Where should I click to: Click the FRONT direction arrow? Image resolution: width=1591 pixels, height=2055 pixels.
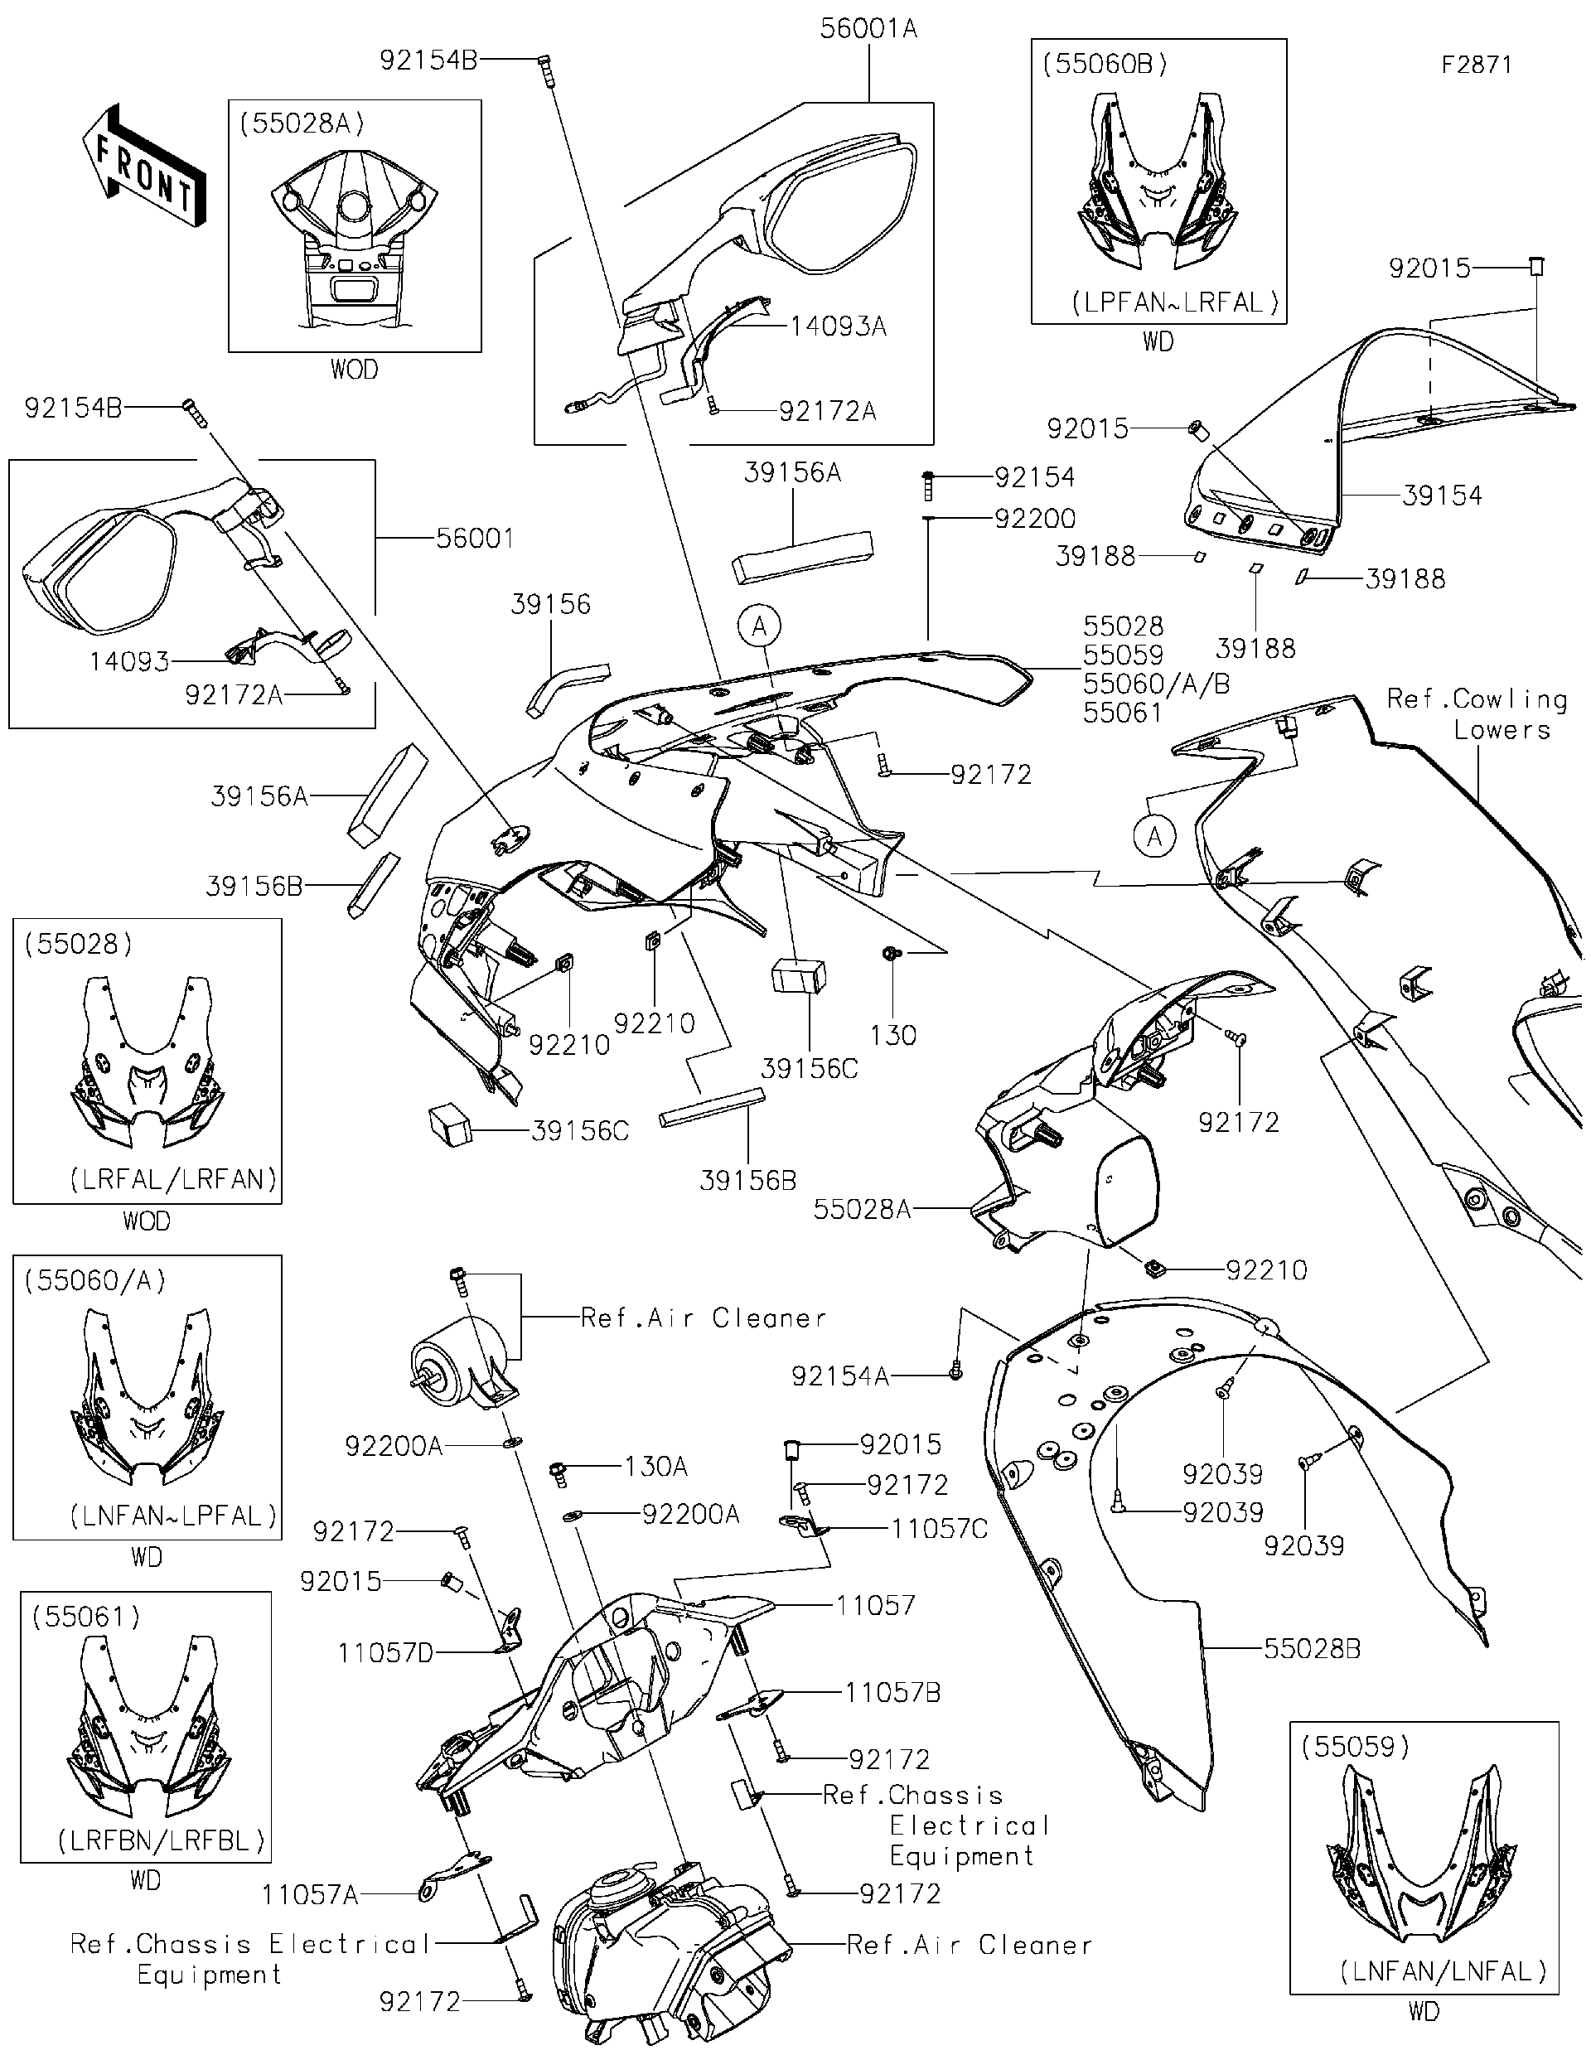coord(144,167)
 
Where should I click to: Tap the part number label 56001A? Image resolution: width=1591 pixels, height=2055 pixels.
coord(868,28)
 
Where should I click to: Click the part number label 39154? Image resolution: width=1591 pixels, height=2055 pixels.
coord(1441,495)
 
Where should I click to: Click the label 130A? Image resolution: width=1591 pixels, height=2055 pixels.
coord(655,1466)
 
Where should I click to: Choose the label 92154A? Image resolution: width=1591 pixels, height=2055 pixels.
coord(839,1376)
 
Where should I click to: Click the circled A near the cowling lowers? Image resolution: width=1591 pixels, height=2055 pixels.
coord(1155,835)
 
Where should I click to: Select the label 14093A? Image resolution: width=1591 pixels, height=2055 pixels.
coord(838,326)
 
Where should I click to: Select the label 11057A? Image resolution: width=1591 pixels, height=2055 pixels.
coord(310,1894)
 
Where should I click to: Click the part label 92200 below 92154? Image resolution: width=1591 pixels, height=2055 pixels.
coord(1035,519)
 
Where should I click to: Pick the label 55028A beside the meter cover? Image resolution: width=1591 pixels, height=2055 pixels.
coord(862,1209)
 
